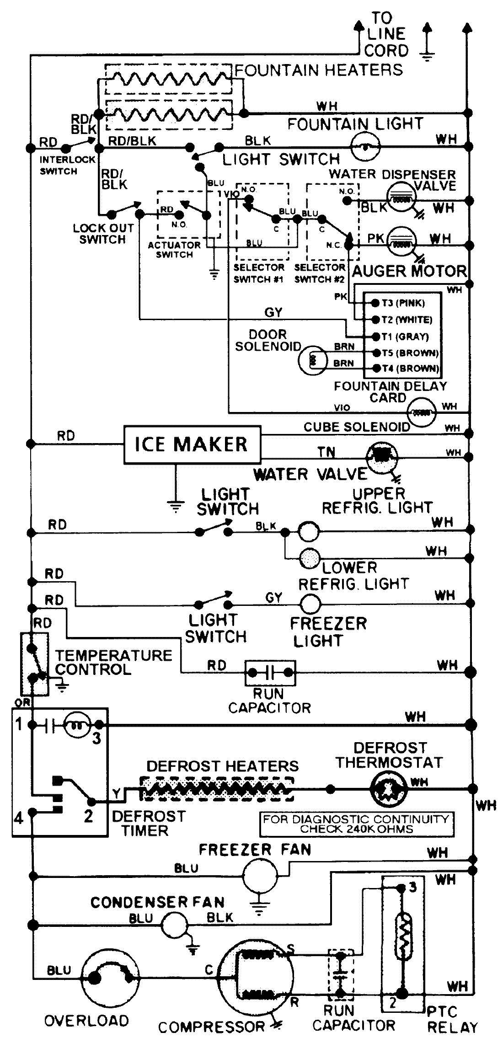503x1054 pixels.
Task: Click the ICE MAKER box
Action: [192, 444]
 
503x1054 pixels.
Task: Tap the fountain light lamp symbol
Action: [365, 147]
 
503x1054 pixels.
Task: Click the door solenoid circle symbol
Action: [313, 360]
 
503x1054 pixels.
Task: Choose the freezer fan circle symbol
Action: [260, 875]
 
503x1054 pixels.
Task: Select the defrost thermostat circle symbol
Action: [388, 789]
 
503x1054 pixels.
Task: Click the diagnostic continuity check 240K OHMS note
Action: [356, 824]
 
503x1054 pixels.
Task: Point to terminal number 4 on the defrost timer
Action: [18, 818]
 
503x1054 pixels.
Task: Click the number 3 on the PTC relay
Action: [413, 888]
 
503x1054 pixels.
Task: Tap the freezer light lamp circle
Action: [311, 604]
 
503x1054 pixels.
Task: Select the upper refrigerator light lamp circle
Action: [309, 532]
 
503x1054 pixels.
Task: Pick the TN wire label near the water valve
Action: [326, 452]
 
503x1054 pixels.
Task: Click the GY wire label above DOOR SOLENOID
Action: [273, 312]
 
